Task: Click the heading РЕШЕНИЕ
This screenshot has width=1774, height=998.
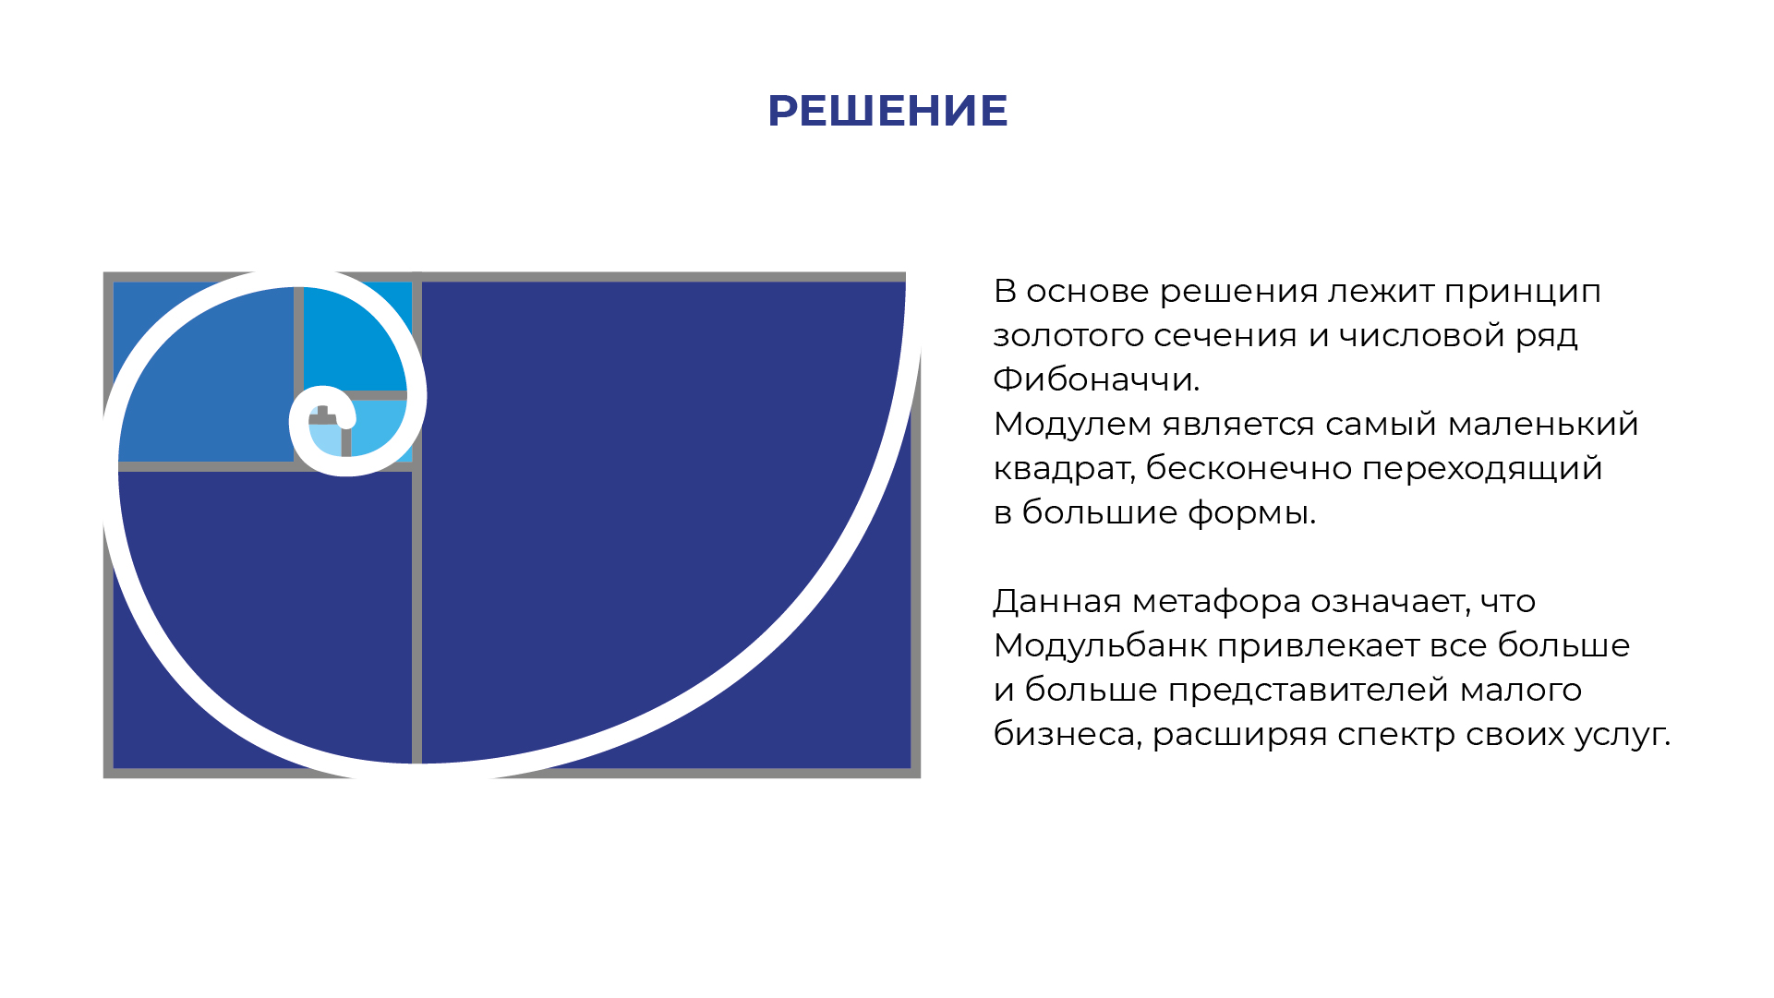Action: [887, 111]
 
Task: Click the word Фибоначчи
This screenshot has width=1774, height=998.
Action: [1095, 379]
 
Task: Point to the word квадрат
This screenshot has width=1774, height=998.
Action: [1062, 469]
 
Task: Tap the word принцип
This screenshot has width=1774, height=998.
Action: [1522, 292]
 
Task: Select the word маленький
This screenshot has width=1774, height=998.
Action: [1542, 424]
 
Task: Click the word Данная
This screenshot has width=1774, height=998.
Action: [1056, 601]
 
